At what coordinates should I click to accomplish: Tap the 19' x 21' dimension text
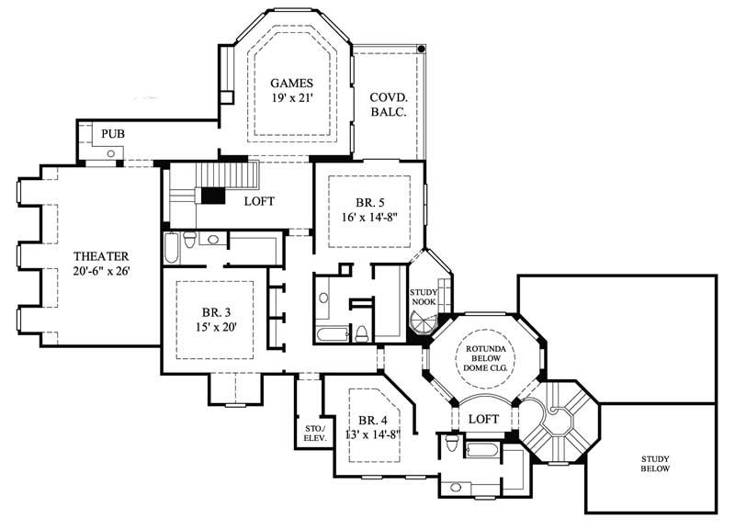(293, 98)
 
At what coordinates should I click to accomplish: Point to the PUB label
(112, 134)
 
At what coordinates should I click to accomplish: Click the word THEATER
(100, 256)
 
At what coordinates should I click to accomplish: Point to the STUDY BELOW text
(655, 463)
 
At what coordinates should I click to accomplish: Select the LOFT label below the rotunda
(483, 418)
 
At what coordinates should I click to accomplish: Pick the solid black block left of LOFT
(213, 196)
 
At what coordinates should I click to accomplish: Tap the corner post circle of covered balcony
(422, 48)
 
